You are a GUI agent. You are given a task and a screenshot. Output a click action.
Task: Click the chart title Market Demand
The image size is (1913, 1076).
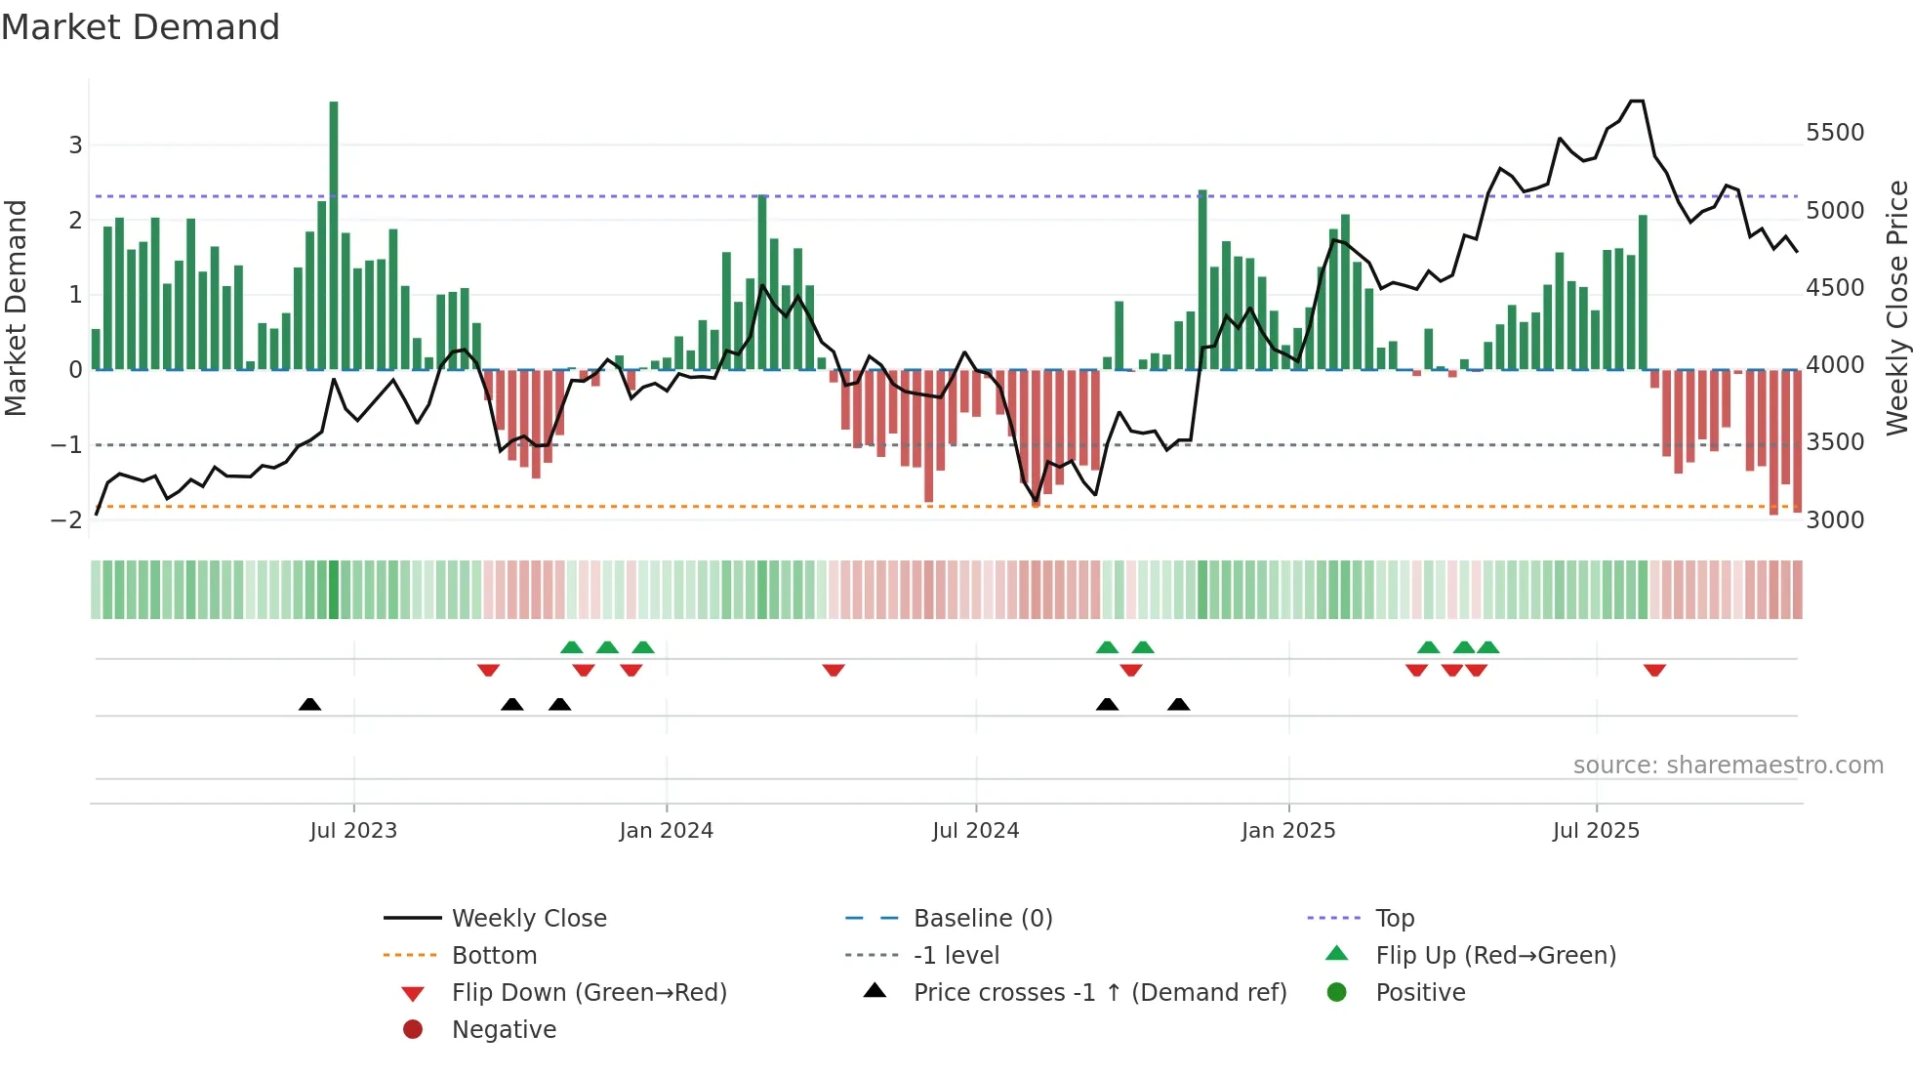pos(141,27)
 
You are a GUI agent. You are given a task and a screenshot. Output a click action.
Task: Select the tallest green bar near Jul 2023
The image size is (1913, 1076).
pos(334,234)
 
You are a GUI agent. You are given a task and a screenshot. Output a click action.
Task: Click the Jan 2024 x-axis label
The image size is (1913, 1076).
pos(666,831)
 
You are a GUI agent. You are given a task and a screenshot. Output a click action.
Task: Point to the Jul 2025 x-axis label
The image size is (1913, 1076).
pos(1596,831)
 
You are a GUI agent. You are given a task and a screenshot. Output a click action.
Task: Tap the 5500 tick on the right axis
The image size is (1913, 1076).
pos(1834,133)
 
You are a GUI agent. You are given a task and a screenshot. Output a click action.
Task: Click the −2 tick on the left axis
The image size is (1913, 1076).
pos(66,519)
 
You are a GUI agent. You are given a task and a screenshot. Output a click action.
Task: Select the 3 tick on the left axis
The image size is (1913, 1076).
pos(75,145)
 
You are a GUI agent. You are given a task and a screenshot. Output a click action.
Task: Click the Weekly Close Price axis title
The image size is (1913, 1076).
pos(1895,308)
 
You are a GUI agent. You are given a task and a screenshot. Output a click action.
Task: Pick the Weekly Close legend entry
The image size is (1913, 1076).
pos(528,918)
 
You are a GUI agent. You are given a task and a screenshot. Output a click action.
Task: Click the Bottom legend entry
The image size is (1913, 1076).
pos(493,955)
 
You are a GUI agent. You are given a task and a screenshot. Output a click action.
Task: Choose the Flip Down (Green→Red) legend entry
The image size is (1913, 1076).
pos(589,992)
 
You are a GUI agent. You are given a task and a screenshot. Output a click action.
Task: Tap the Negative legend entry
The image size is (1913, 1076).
pos(504,1029)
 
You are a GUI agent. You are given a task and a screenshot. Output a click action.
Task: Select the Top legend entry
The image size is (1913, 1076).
pos(1394,918)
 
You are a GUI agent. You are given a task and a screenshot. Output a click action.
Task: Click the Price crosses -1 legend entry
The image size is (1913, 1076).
pos(1099,992)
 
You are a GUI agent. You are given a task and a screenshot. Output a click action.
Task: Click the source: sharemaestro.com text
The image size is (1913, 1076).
pos(1728,766)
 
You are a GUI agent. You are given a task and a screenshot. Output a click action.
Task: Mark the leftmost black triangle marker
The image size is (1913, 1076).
pos(309,704)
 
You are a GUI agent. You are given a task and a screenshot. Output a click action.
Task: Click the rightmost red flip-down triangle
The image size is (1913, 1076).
pos(1654,670)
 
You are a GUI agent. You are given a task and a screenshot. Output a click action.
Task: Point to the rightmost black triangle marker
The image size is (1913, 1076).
pos(1178,704)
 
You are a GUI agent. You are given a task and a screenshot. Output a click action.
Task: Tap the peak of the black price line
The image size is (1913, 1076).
pos(1637,102)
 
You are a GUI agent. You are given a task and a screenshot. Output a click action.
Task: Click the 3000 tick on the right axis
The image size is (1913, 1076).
pos(1834,520)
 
